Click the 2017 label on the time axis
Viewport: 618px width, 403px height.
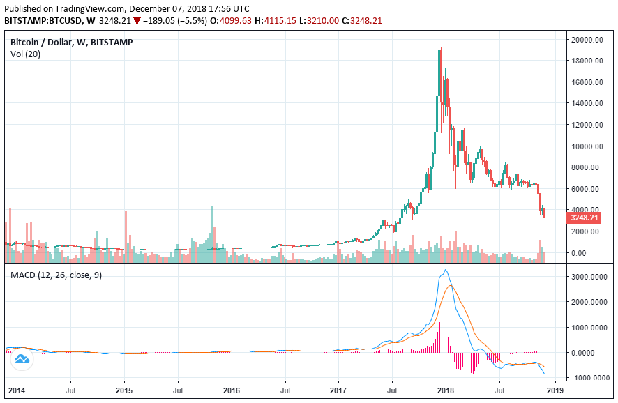(x=339, y=392)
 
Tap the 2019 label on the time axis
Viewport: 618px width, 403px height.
(x=555, y=392)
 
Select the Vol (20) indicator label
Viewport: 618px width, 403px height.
(x=25, y=54)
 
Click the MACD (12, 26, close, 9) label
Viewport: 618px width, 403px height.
(x=56, y=275)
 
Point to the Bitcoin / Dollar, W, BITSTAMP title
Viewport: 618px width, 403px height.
(x=72, y=43)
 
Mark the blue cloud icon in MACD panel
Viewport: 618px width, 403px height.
(x=22, y=359)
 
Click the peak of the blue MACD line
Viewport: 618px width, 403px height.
(x=446, y=270)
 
